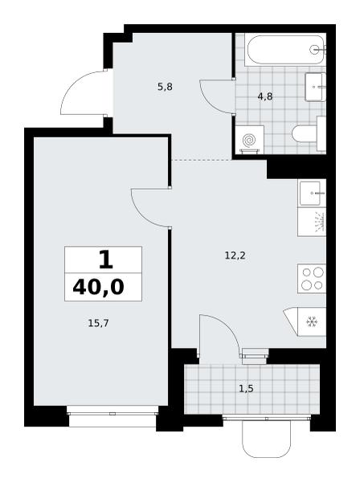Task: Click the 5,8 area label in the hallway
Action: point(165,88)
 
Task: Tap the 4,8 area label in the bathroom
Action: point(265,97)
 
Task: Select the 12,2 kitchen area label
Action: point(235,255)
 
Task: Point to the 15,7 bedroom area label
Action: point(98,323)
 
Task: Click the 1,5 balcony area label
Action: point(246,389)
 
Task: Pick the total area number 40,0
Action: point(98,288)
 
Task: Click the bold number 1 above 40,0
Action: point(106,259)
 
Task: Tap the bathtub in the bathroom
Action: point(285,50)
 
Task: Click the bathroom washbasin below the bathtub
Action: point(315,87)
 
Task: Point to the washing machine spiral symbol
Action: point(249,141)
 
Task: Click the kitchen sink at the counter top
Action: point(312,193)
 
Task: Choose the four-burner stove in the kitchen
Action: point(312,278)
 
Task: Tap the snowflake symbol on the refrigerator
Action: point(312,322)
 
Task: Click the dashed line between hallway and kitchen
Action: point(202,160)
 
